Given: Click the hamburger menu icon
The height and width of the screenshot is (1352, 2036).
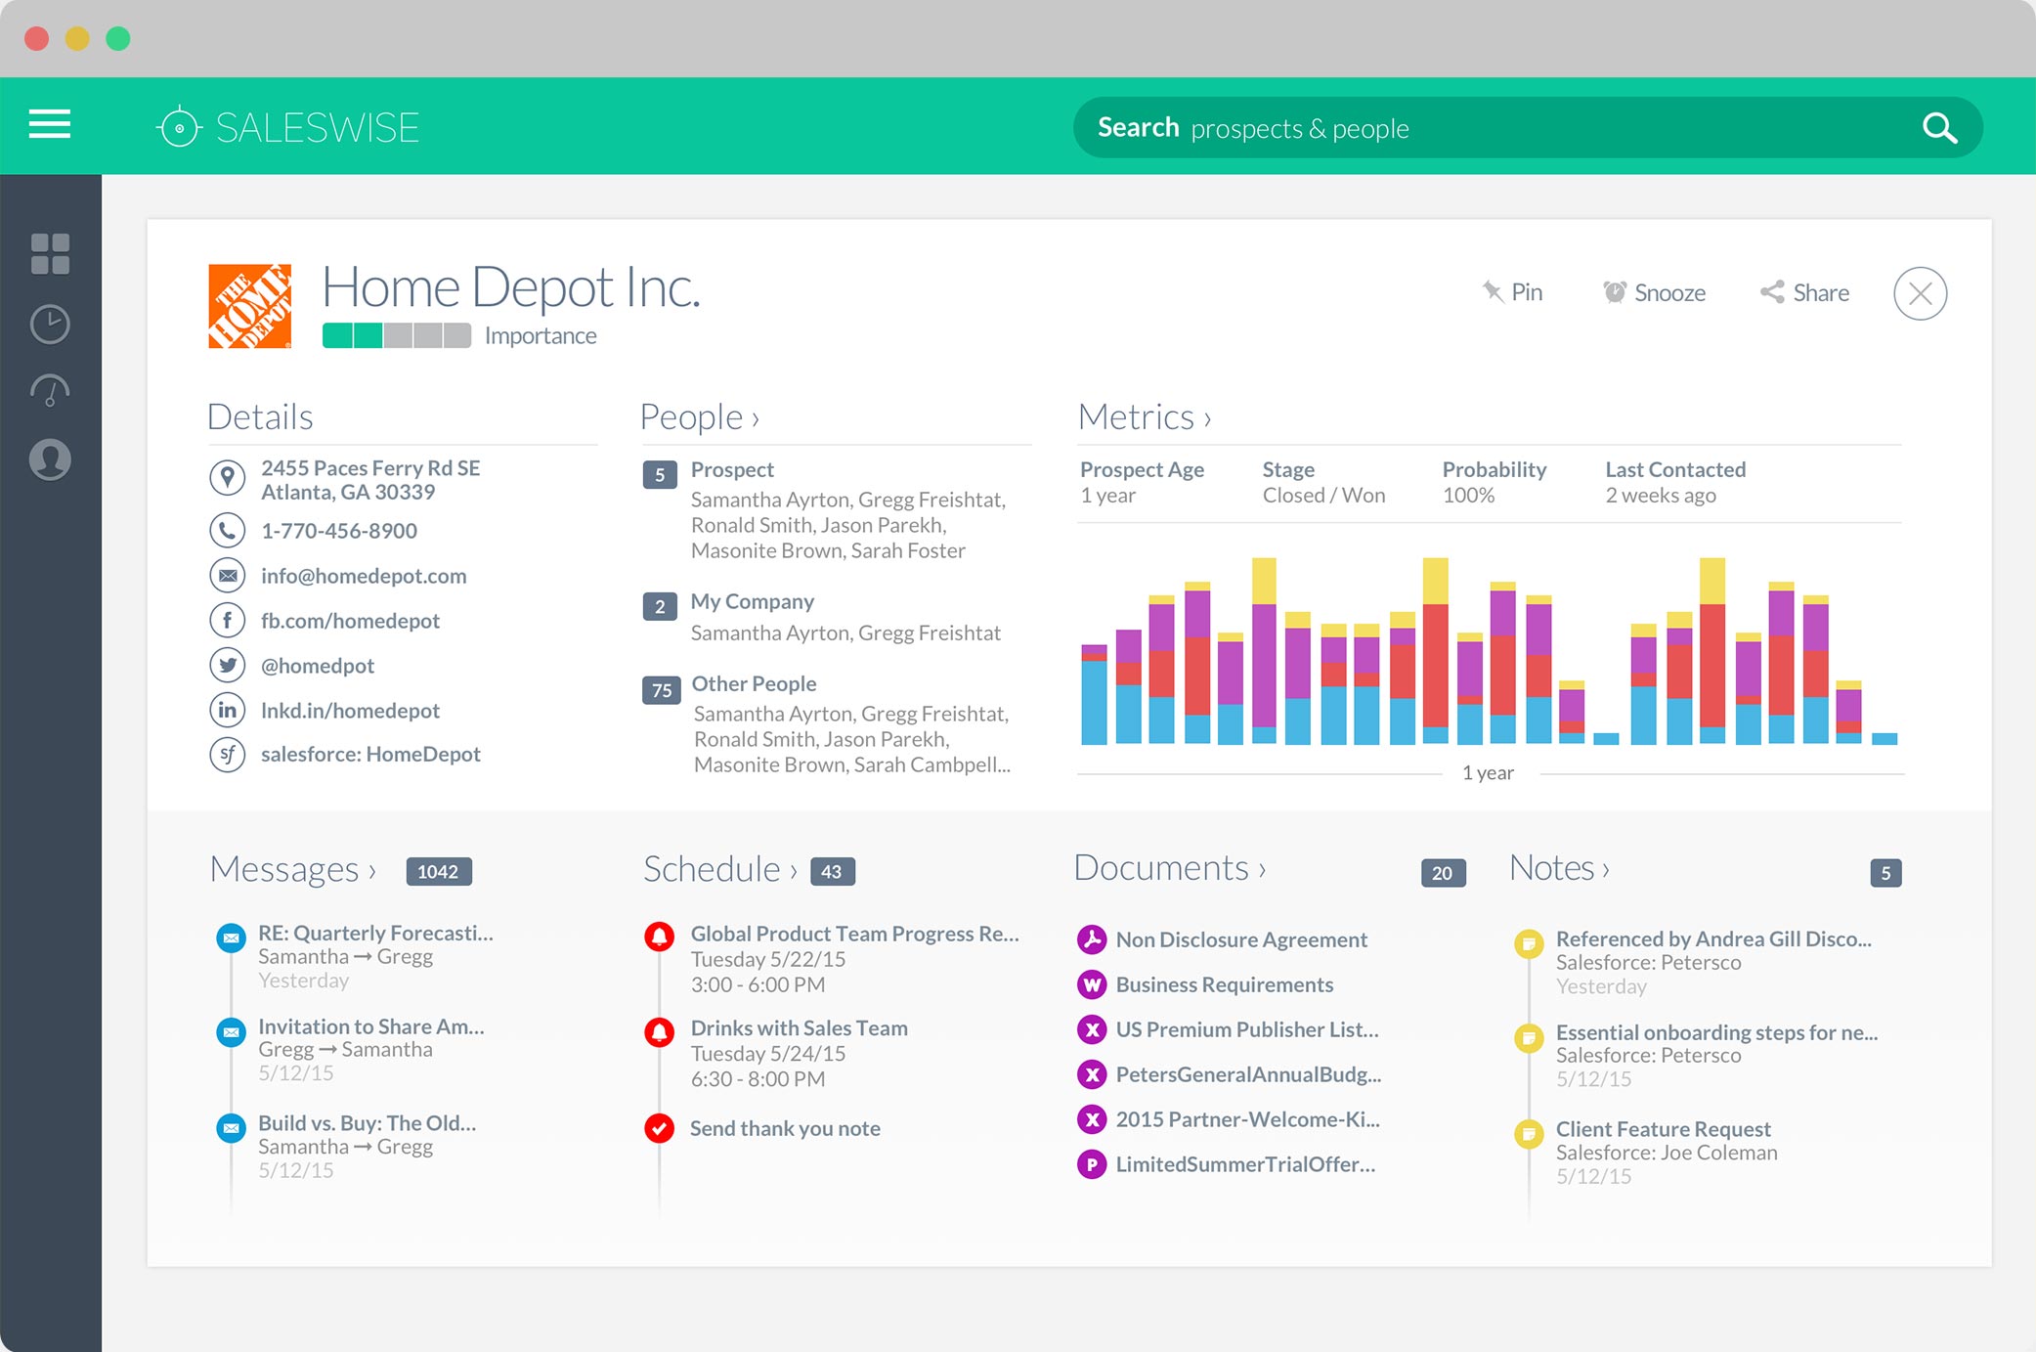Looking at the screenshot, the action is coord(50,125).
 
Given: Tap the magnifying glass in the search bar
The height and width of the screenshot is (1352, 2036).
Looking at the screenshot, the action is coord(1939,128).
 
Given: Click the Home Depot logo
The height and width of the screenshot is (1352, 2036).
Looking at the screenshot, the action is coord(249,305).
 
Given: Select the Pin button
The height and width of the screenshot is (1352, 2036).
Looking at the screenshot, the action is coord(1512,292).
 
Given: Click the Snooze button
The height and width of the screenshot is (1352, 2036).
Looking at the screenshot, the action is coord(1654,292).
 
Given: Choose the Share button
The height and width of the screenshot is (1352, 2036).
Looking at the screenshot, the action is coord(1804,292).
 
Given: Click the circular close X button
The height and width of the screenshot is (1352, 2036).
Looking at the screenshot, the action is coord(1920,293).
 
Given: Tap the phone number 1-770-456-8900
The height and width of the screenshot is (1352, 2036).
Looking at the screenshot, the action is coord(339,531).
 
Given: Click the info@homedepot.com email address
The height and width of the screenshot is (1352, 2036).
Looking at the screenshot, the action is coord(364,576).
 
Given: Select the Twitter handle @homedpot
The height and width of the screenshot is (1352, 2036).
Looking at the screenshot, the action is coord(318,666).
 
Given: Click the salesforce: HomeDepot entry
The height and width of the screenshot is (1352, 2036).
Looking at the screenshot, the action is coord(370,754).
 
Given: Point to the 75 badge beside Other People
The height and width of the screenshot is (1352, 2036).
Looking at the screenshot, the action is coord(662,690).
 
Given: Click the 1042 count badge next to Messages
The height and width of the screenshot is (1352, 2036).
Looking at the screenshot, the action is coord(439,871).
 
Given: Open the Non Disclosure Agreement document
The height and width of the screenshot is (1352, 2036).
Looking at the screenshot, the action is coord(1241,939).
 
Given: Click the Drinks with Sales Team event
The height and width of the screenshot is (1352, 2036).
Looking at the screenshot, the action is coord(800,1028).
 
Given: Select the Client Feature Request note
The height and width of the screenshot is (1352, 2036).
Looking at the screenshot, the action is coord(1664,1129).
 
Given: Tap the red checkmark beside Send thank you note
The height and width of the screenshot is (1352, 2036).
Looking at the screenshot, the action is coord(660,1128).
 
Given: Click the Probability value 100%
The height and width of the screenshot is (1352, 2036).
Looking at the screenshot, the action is coord(1469,496).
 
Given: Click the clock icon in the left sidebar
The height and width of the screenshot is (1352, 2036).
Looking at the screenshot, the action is coord(50,324).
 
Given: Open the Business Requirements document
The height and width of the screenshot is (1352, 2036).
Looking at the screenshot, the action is coord(1225,984).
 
